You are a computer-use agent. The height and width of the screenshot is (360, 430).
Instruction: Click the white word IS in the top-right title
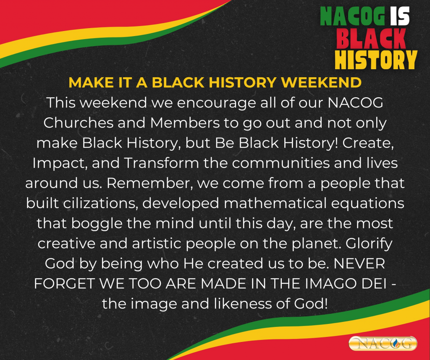point(400,16)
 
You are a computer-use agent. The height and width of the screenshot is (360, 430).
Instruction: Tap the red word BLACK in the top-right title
point(371,38)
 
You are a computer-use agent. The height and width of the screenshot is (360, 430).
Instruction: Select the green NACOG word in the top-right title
point(353,16)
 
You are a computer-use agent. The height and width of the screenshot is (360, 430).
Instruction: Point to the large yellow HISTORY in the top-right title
point(376,60)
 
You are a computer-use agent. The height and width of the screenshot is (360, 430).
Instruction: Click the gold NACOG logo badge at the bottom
point(383,343)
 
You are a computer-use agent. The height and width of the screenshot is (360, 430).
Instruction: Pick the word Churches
point(78,123)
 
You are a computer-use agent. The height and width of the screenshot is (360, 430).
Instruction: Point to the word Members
point(185,123)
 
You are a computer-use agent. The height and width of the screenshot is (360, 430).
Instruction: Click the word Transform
point(162,163)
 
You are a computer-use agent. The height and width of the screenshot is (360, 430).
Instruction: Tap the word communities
point(281,163)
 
